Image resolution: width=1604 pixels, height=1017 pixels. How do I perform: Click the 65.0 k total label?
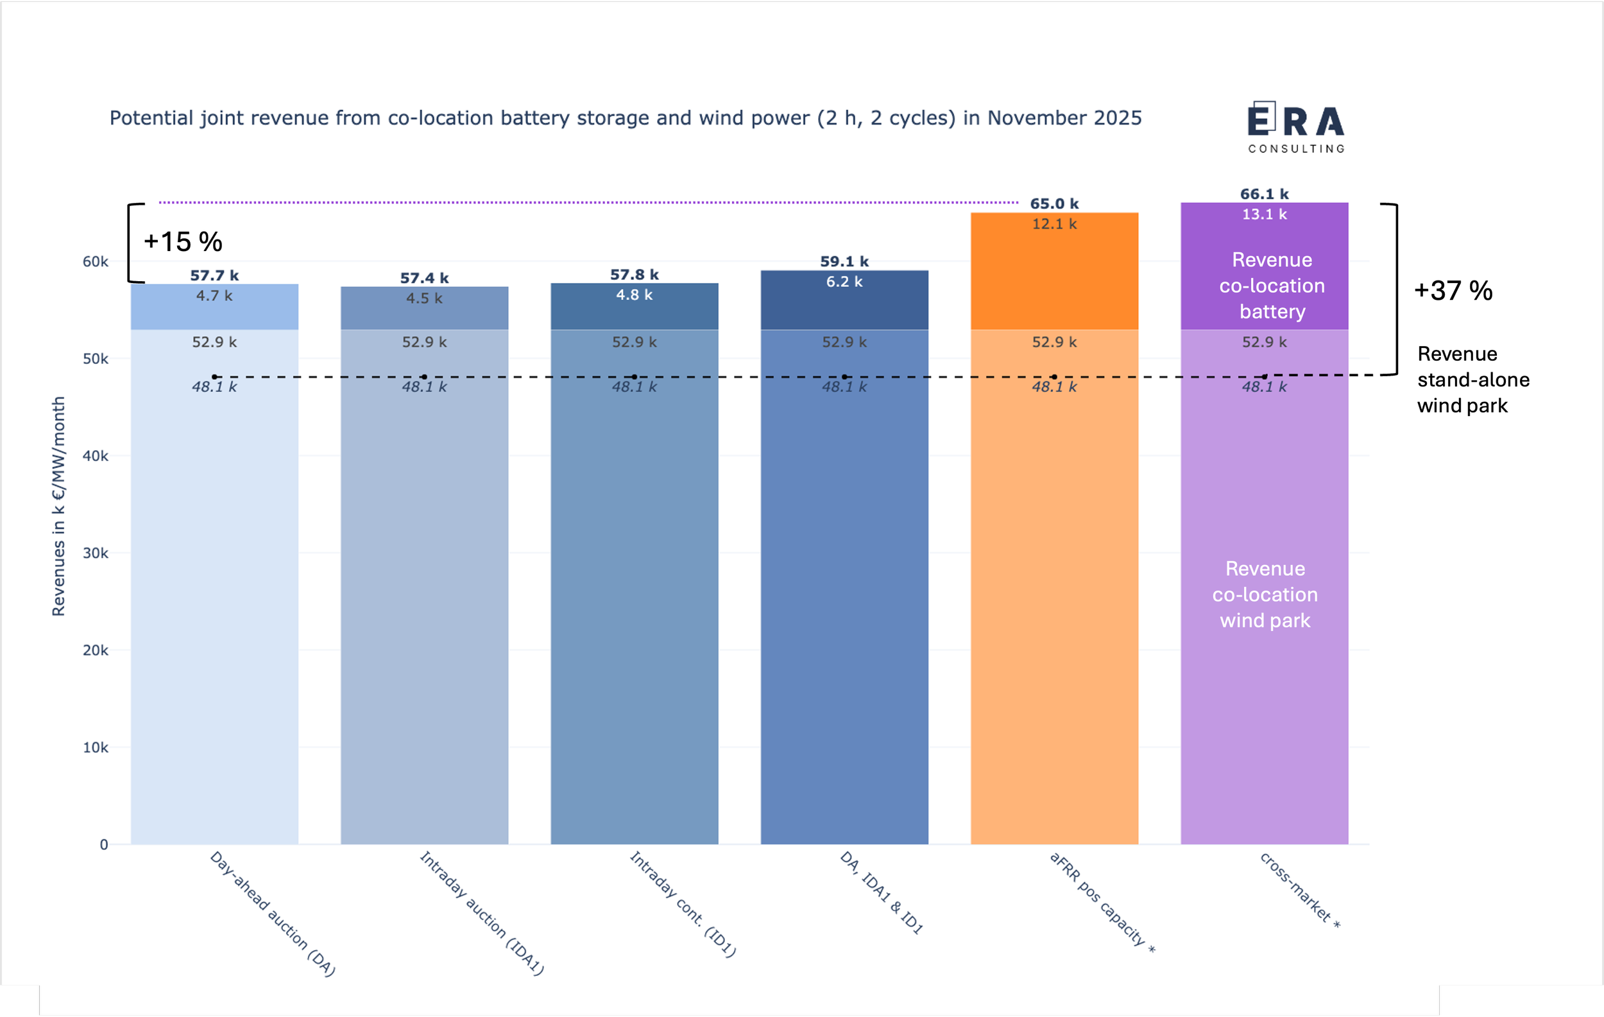[1054, 204]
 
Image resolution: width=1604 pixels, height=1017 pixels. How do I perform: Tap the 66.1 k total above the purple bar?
[1263, 194]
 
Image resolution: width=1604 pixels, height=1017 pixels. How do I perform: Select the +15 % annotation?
[183, 242]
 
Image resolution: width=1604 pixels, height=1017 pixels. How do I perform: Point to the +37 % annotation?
[1453, 291]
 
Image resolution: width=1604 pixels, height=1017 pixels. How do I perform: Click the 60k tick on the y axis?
[95, 262]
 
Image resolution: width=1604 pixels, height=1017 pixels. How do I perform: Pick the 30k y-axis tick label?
[95, 553]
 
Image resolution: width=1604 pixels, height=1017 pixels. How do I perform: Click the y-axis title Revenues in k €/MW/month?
[58, 507]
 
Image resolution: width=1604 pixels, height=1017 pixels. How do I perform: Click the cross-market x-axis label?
[1299, 891]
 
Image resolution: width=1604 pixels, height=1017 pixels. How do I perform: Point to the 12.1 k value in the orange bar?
[1054, 224]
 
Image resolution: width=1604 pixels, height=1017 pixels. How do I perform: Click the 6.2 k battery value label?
[844, 282]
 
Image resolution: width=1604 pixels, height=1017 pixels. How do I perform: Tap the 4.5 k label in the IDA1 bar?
[424, 298]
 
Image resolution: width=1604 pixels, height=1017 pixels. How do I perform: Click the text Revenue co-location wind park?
[1265, 595]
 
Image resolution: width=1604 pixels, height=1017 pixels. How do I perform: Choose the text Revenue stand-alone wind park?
[1472, 380]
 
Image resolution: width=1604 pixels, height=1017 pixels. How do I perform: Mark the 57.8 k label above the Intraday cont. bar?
[634, 275]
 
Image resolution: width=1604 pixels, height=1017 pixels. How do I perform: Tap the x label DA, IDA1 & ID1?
[881, 892]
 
